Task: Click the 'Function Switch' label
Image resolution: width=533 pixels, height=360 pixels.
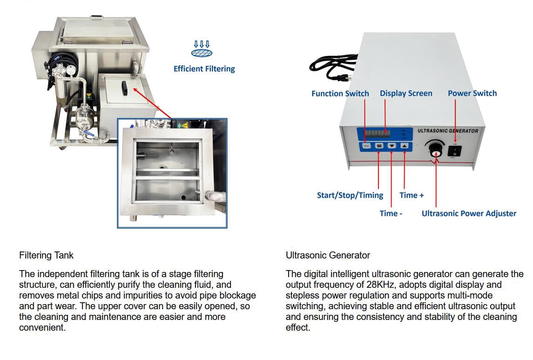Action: click(x=340, y=94)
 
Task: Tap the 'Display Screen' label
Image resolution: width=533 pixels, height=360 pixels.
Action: click(x=406, y=94)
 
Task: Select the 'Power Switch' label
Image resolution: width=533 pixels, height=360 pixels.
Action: click(x=472, y=93)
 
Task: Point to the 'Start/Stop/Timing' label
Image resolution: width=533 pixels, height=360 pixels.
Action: click(x=350, y=195)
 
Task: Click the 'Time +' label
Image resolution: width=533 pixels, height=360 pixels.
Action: click(x=412, y=195)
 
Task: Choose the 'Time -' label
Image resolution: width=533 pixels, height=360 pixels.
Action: click(x=391, y=213)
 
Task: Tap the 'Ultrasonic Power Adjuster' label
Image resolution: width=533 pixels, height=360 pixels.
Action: click(x=469, y=213)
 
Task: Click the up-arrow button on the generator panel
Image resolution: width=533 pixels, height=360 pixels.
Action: click(x=404, y=146)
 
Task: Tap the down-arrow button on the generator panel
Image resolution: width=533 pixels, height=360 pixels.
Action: click(x=391, y=146)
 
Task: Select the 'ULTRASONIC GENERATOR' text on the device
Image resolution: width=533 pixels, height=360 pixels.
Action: click(x=448, y=131)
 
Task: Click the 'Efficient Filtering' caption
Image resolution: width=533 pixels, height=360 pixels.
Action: click(x=204, y=68)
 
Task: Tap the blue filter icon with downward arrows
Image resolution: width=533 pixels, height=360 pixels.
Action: click(x=202, y=49)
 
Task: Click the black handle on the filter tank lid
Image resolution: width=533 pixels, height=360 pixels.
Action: click(x=124, y=88)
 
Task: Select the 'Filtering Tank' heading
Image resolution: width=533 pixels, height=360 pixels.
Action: click(x=46, y=255)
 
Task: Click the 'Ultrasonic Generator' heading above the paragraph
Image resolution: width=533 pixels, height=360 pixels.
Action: click(x=328, y=255)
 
